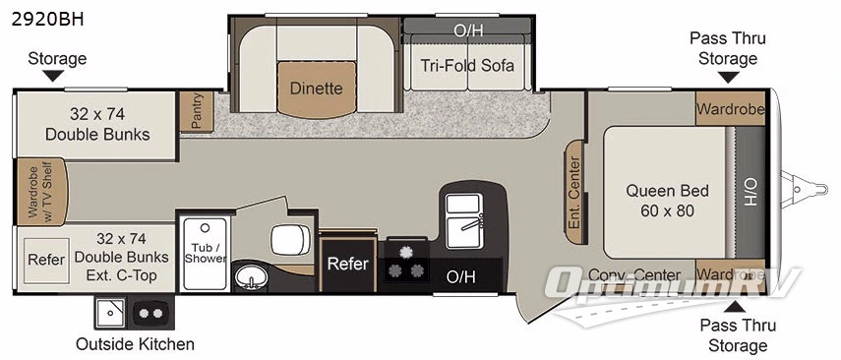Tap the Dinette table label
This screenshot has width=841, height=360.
pyautogui.click(x=316, y=89)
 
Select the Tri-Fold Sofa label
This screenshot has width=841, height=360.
pyautogui.click(x=467, y=66)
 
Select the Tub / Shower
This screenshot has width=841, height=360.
pyautogui.click(x=205, y=251)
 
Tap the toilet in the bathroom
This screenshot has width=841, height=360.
pyautogui.click(x=290, y=239)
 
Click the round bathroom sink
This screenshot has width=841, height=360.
pyautogui.click(x=254, y=280)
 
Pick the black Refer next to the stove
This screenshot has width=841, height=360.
pyautogui.click(x=347, y=263)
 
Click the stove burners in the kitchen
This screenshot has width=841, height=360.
pyautogui.click(x=406, y=264)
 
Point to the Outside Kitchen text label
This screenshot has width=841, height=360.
pyautogui.click(x=135, y=344)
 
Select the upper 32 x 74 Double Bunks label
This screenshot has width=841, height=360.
pyautogui.click(x=97, y=123)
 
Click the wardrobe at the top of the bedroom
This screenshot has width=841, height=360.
pyautogui.click(x=729, y=109)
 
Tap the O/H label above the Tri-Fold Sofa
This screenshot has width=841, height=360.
pyautogui.click(x=468, y=30)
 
